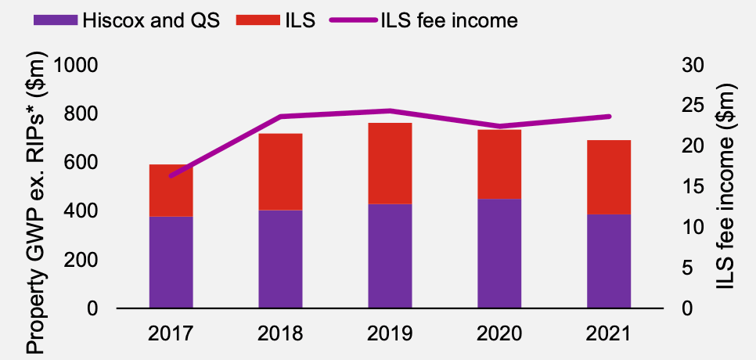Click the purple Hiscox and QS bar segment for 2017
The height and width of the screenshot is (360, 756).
pyautogui.click(x=171, y=261)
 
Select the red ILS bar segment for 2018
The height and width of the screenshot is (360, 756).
pyautogui.click(x=280, y=171)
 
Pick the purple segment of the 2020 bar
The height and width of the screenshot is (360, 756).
pyautogui.click(x=499, y=253)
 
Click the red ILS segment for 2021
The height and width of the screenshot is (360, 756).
pyautogui.click(x=609, y=177)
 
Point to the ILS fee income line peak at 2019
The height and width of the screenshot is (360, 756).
pyautogui.click(x=390, y=110)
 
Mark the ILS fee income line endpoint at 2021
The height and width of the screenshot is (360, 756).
pyautogui.click(x=609, y=117)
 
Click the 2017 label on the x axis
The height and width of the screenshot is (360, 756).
pyautogui.click(x=171, y=333)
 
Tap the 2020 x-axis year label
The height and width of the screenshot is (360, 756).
pyautogui.click(x=499, y=333)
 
